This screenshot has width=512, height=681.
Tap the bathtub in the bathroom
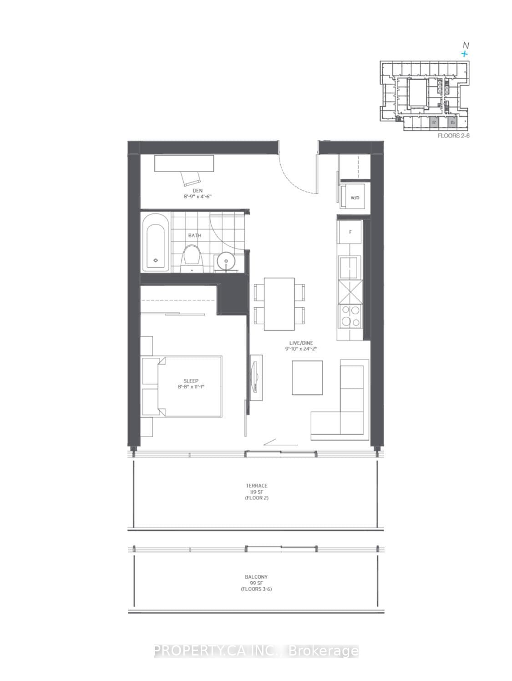[156, 243]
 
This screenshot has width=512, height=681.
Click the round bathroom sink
[225, 261]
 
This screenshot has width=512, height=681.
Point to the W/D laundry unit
[355, 198]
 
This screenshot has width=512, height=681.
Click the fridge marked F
[350, 232]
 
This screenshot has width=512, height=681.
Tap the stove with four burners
[350, 315]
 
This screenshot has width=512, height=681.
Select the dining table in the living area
[279, 304]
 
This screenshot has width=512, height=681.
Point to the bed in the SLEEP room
[190, 386]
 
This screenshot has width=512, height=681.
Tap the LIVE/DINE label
[301, 343]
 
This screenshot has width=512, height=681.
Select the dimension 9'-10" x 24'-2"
[301, 349]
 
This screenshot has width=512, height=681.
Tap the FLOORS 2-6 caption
[453, 135]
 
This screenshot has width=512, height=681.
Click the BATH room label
[195, 235]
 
